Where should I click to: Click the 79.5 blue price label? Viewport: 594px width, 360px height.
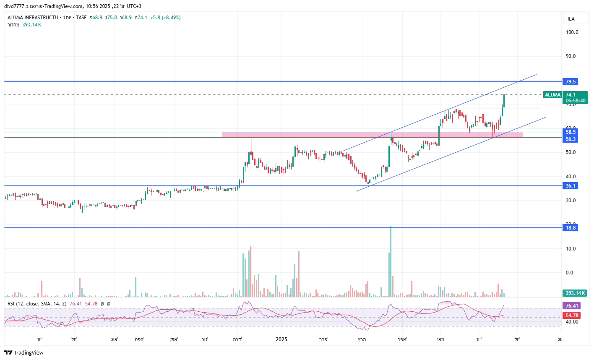coord(571,82)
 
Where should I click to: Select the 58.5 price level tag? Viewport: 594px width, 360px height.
coord(571,132)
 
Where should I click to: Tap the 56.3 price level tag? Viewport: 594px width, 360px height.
coord(571,139)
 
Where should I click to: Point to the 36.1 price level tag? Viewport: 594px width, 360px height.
coord(571,186)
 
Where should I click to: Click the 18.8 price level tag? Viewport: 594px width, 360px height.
coord(571,228)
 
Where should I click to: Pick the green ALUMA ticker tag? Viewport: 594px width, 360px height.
coord(552,95)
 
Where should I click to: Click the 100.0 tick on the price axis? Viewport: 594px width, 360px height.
coord(572,32)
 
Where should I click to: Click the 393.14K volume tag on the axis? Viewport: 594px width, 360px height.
coord(575,293)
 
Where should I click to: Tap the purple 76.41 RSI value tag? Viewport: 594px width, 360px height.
coord(572,306)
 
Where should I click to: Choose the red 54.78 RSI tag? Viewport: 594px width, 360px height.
coord(572,316)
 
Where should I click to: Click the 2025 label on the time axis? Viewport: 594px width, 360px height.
coord(281,339)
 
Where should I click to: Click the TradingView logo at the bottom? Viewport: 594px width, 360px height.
coord(24,352)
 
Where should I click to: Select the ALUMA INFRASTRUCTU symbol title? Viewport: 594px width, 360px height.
coord(33,18)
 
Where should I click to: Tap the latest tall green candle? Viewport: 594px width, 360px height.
coord(504,100)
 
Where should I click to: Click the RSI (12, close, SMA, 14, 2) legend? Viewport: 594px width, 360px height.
coord(37,304)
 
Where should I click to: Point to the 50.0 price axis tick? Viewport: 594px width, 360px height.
coord(571,152)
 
